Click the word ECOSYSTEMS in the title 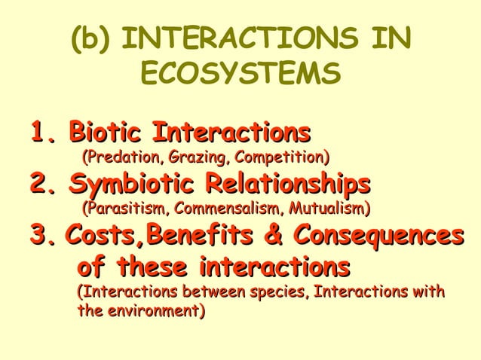tap(239, 74)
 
